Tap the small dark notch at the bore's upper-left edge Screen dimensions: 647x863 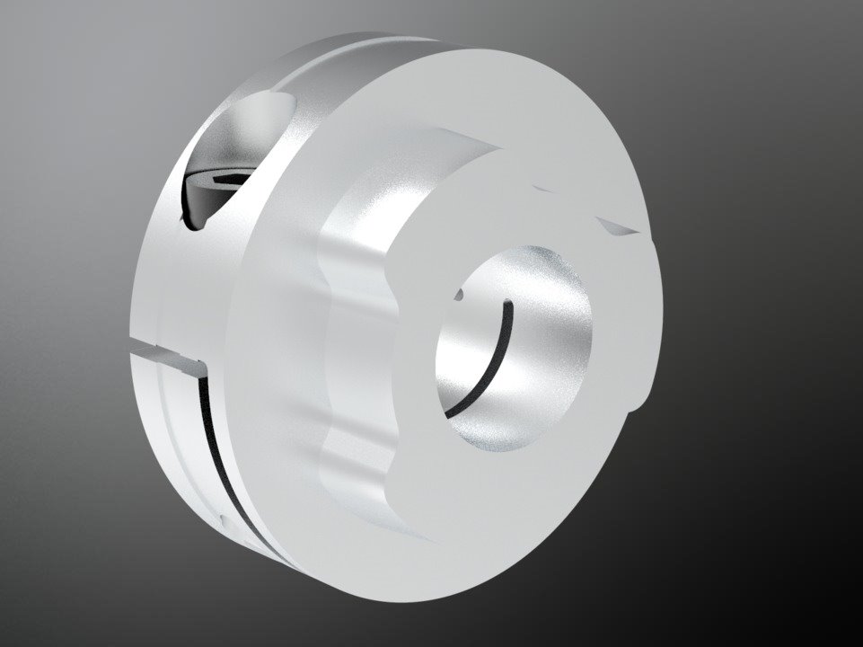pyautogui.click(x=460, y=295)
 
